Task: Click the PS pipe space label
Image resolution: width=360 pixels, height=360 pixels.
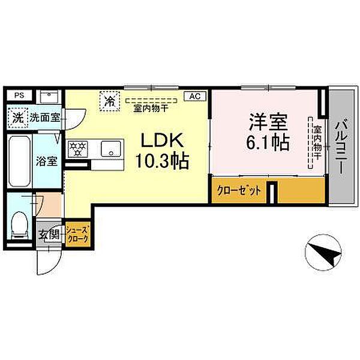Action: pyautogui.click(x=19, y=95)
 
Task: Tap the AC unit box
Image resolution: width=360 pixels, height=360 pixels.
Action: pyautogui.click(x=195, y=96)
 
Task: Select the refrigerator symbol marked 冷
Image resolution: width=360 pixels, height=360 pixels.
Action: pyautogui.click(x=110, y=101)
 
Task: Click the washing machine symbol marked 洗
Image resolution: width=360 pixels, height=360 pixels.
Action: pyautogui.click(x=18, y=118)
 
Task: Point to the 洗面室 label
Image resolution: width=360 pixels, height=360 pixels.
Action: pyautogui.click(x=45, y=118)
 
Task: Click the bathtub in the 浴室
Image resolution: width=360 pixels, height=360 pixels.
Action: pyautogui.click(x=20, y=161)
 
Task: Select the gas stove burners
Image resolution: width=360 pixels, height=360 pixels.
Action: pyautogui.click(x=78, y=148)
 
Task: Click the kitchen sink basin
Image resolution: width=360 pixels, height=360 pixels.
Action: pyautogui.click(x=111, y=149)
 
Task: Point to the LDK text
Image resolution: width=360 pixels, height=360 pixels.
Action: pyautogui.click(x=162, y=140)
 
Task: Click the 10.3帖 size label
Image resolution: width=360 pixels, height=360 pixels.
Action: pyautogui.click(x=162, y=161)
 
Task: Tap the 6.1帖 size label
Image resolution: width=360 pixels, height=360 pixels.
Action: pyautogui.click(x=268, y=142)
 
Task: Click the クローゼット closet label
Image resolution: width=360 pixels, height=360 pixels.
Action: pyautogui.click(x=239, y=190)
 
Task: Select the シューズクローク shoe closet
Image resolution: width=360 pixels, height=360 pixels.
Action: pyautogui.click(x=77, y=234)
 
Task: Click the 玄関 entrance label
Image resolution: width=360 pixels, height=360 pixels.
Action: pyautogui.click(x=49, y=235)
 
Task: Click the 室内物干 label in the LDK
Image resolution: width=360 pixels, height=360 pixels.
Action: pyautogui.click(x=150, y=109)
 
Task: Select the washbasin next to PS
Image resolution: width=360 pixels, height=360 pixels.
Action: pyautogui.click(x=49, y=97)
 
